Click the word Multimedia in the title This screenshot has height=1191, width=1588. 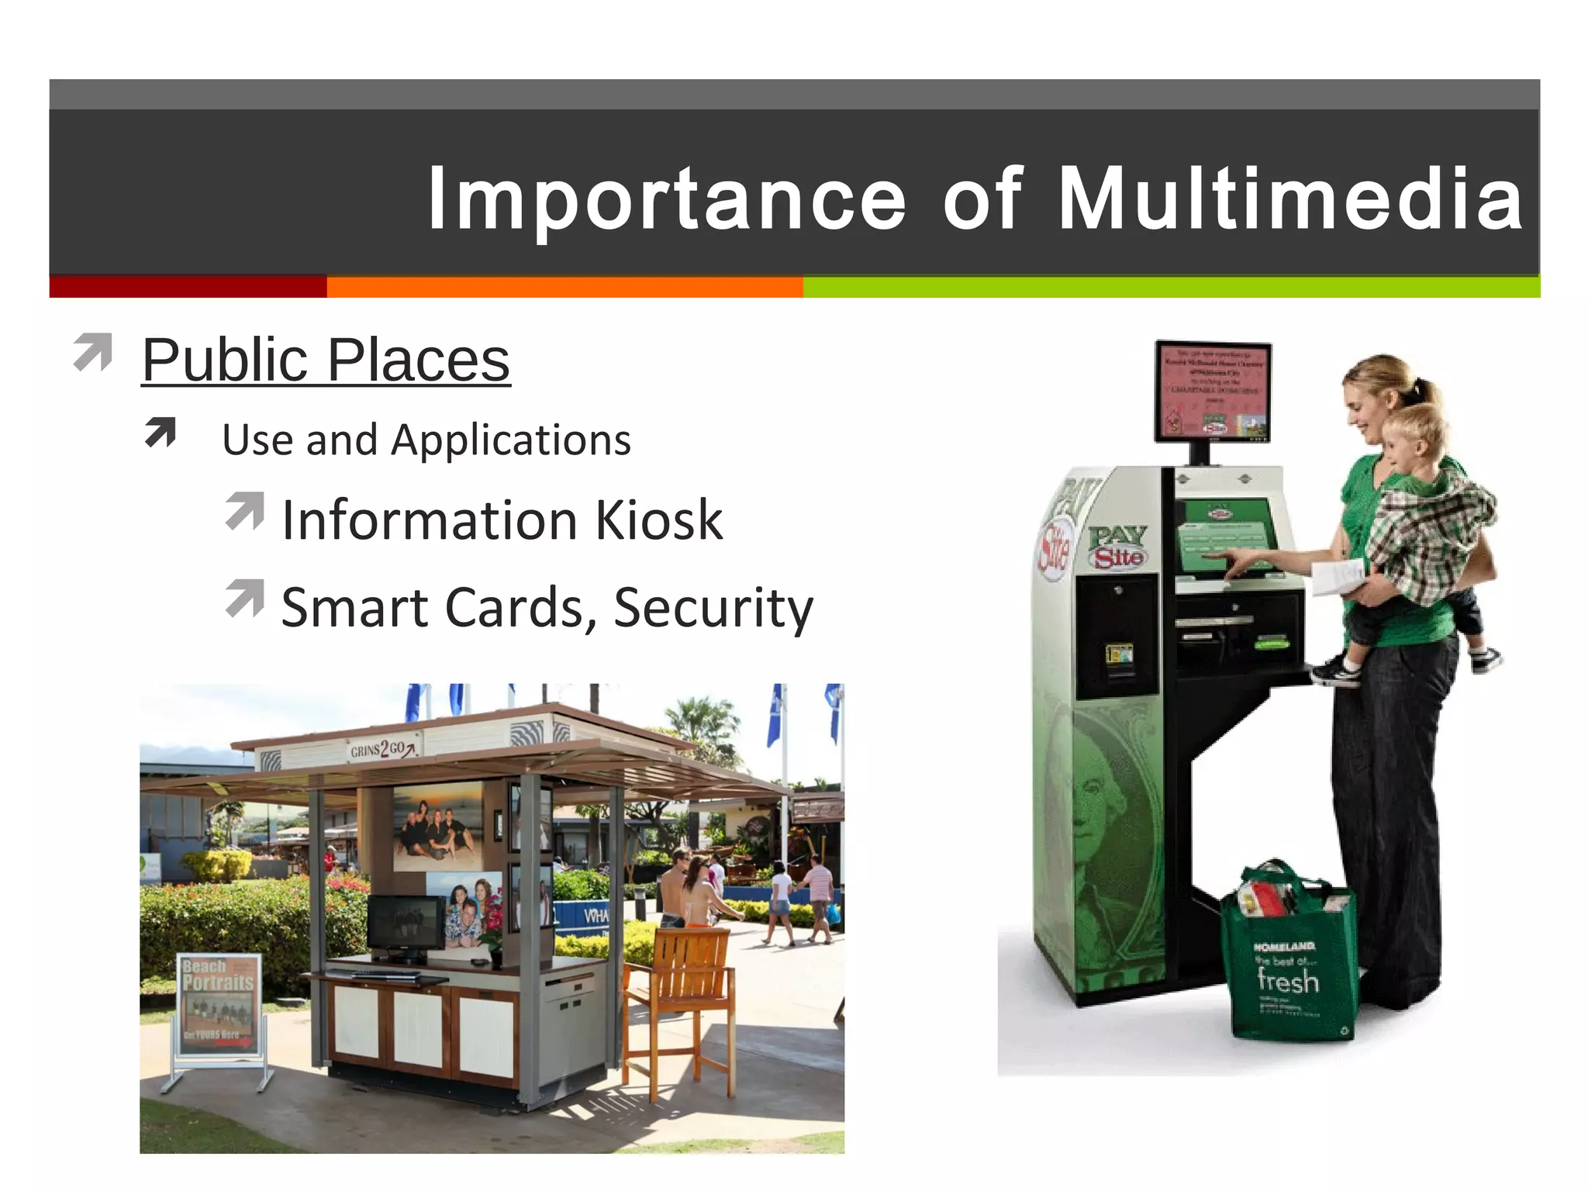point(1290,199)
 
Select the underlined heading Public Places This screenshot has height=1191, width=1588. point(326,360)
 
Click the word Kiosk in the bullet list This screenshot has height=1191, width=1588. point(659,520)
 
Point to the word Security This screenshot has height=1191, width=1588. point(713,607)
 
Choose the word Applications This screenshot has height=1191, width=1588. point(511,440)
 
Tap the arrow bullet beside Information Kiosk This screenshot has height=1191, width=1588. point(245,511)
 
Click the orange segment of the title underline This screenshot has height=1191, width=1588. point(564,288)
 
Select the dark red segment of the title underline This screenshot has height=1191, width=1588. point(188,288)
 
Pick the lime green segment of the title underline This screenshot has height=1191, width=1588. point(1171,288)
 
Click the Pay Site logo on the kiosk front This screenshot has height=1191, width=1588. point(1118,547)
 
